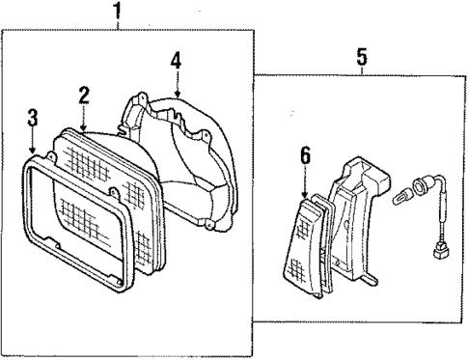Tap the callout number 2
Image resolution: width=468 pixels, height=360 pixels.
(x=84, y=94)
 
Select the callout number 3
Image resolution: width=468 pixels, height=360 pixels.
(x=32, y=118)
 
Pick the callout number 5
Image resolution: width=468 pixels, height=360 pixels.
(x=361, y=57)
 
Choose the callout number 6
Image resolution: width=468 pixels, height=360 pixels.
(x=305, y=153)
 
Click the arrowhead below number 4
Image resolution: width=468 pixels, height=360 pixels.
(x=176, y=93)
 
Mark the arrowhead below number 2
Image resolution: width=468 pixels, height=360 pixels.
(x=84, y=126)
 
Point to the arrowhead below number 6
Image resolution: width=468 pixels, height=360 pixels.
(x=305, y=193)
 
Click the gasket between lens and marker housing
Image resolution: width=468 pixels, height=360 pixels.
(x=321, y=241)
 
